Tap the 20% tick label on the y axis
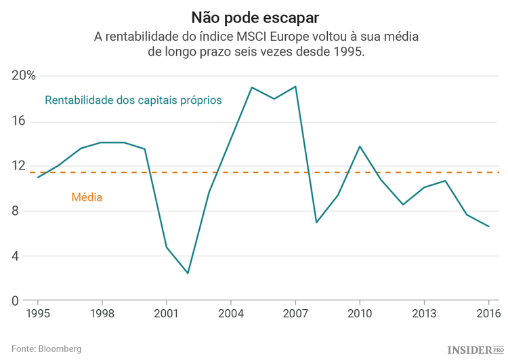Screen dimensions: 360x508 (24, 76)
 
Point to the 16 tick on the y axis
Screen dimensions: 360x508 (18, 121)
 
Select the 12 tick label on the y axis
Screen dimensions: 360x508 (18, 166)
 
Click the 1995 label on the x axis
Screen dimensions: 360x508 (37, 313)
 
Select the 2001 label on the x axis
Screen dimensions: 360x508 (166, 313)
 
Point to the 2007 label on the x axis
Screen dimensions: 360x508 (295, 313)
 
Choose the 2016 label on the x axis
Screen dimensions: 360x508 (488, 313)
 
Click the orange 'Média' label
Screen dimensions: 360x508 (87, 198)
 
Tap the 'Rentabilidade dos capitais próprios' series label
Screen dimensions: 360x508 (133, 100)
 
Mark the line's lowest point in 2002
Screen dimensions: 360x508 (188, 273)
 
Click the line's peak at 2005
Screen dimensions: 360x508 (252, 87)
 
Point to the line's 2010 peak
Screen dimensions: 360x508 (360, 146)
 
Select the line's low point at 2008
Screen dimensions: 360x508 (316, 222)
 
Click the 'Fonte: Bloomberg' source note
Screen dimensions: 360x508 (46, 348)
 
